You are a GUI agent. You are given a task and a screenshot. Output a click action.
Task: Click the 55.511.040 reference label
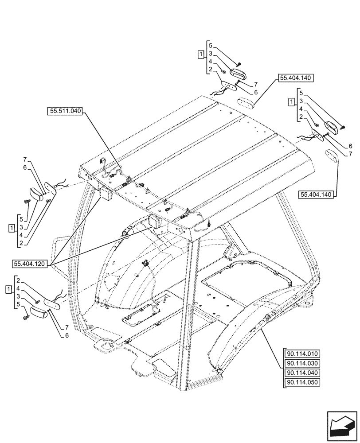65,112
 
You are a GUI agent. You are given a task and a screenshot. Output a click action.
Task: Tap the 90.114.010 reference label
303,354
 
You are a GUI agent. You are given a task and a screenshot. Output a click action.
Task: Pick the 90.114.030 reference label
303,363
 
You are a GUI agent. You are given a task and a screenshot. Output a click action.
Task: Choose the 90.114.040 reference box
303,373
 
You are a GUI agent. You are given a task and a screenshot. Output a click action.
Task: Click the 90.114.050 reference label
303,382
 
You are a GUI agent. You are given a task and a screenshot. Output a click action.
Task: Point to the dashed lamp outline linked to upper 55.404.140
245,102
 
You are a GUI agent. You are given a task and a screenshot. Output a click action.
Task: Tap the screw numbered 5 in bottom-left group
25,317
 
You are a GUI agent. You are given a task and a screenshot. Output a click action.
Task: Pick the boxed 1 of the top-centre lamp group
201,54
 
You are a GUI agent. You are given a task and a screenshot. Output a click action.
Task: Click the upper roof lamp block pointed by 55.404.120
106,194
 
